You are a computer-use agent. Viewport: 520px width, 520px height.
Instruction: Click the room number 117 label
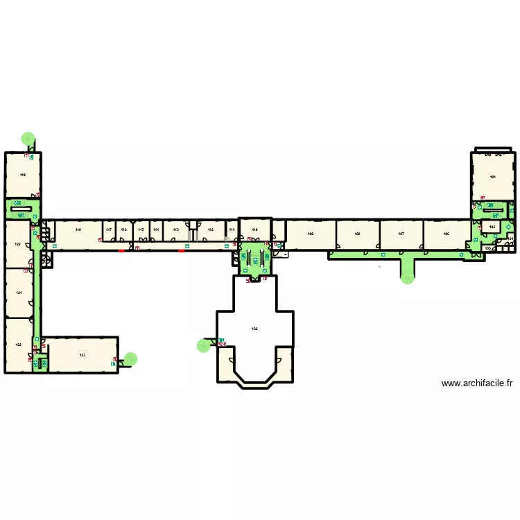(109, 229)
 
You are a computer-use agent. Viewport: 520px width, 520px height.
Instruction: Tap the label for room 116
(124, 229)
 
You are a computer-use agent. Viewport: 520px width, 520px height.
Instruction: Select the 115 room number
(140, 229)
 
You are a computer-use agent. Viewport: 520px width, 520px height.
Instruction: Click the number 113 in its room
(175, 229)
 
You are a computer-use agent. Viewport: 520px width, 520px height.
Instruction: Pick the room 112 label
(211, 229)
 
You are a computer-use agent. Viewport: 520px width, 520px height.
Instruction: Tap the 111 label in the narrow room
(232, 229)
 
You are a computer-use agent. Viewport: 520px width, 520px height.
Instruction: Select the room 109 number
(311, 234)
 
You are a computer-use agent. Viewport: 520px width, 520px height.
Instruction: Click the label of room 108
(357, 234)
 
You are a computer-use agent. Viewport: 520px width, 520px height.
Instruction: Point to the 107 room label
(401, 234)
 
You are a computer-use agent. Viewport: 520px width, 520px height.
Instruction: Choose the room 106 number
(447, 234)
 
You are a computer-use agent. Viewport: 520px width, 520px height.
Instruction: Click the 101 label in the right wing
(493, 177)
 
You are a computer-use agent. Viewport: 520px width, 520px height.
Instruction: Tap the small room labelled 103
(492, 227)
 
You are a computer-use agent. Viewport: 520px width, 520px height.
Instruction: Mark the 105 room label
(488, 248)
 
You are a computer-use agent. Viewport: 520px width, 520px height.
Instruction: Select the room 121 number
(19, 293)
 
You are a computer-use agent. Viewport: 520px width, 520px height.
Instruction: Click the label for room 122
(18, 345)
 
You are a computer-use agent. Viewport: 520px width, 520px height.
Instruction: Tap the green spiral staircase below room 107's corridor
(407, 277)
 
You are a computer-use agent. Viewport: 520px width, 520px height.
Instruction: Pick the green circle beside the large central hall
(203, 345)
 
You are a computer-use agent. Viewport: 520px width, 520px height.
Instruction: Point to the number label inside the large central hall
(254, 329)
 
